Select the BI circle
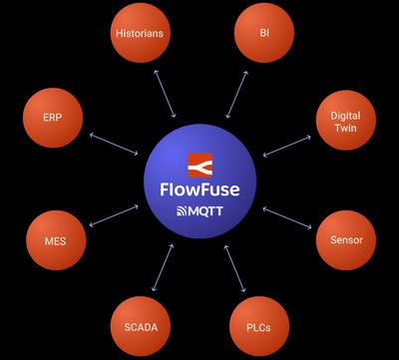pos(264,33)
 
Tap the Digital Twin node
pos(345,122)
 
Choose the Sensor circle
pos(346,240)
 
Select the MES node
pos(55,240)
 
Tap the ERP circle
pos(53,117)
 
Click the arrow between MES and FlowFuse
pos(113,216)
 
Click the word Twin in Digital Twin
pos(345,129)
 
